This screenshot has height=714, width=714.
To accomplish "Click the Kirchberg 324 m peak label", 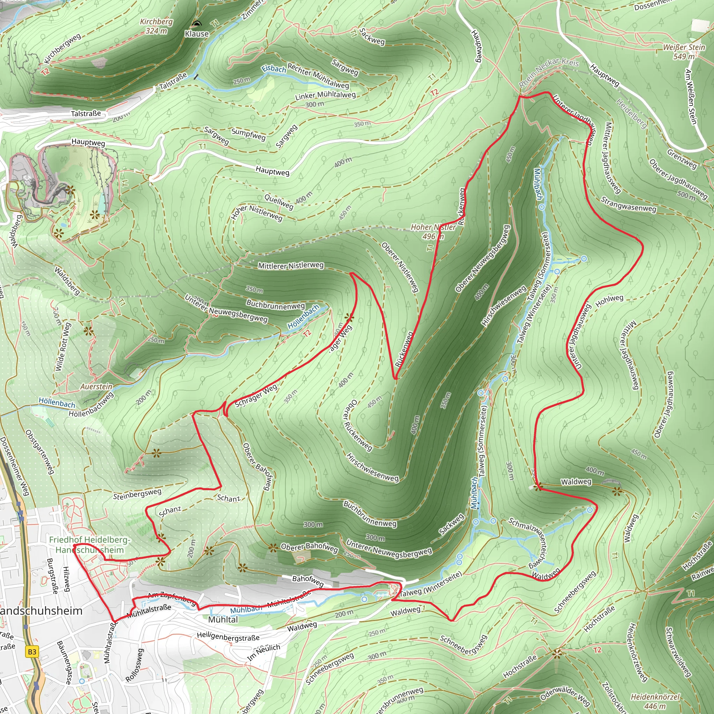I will point(156,26).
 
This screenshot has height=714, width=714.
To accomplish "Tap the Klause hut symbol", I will point(197,24).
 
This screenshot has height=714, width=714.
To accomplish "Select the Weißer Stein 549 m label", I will point(684,52).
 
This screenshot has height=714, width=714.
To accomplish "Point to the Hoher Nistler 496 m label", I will point(433,232).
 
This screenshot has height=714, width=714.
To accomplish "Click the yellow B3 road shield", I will point(32,652).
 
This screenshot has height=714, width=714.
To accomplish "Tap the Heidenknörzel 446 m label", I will point(655,701).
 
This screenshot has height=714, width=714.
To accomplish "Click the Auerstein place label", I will point(97,387).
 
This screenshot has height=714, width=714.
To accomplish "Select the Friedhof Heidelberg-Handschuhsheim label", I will point(90,545).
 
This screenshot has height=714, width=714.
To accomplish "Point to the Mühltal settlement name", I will point(223,620).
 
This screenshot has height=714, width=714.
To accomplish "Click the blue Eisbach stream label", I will point(274,69).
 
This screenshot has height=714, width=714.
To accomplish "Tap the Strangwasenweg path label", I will point(628,204).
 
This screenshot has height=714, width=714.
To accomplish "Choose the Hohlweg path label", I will point(609,301).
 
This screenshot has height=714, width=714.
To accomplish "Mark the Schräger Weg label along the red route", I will point(256,396).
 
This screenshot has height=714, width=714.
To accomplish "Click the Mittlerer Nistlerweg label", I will point(291,265).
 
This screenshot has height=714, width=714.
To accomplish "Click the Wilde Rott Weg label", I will point(62,347).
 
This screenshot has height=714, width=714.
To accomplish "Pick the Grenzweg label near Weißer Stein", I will point(682,159).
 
